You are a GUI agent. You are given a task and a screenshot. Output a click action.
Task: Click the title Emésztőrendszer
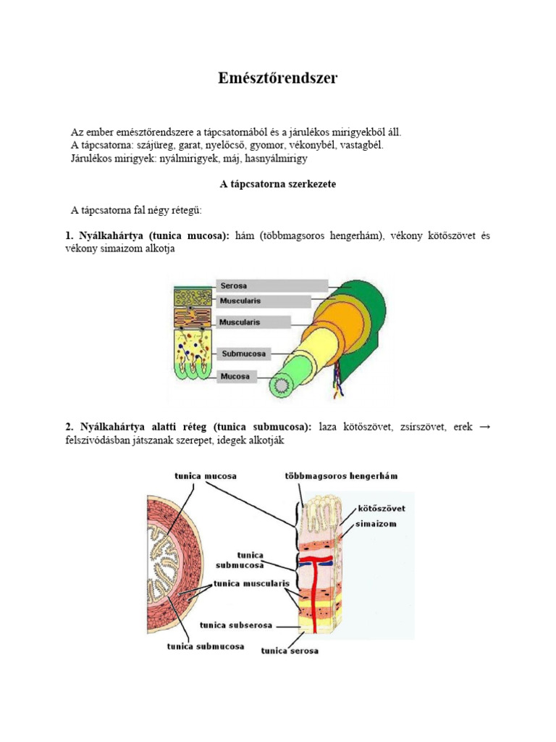(x=277, y=79)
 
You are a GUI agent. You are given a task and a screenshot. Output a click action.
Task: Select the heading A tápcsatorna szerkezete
(x=277, y=184)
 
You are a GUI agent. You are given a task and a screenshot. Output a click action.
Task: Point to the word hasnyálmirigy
(x=277, y=157)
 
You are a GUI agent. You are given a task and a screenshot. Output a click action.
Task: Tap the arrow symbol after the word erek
(x=485, y=428)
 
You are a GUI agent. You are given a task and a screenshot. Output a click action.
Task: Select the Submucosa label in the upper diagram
(x=244, y=354)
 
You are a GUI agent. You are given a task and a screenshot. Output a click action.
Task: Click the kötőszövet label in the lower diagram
(x=381, y=509)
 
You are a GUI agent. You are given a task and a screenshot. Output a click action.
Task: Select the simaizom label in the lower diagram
(x=375, y=523)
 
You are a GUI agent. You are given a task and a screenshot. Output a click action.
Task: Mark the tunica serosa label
(x=290, y=651)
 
